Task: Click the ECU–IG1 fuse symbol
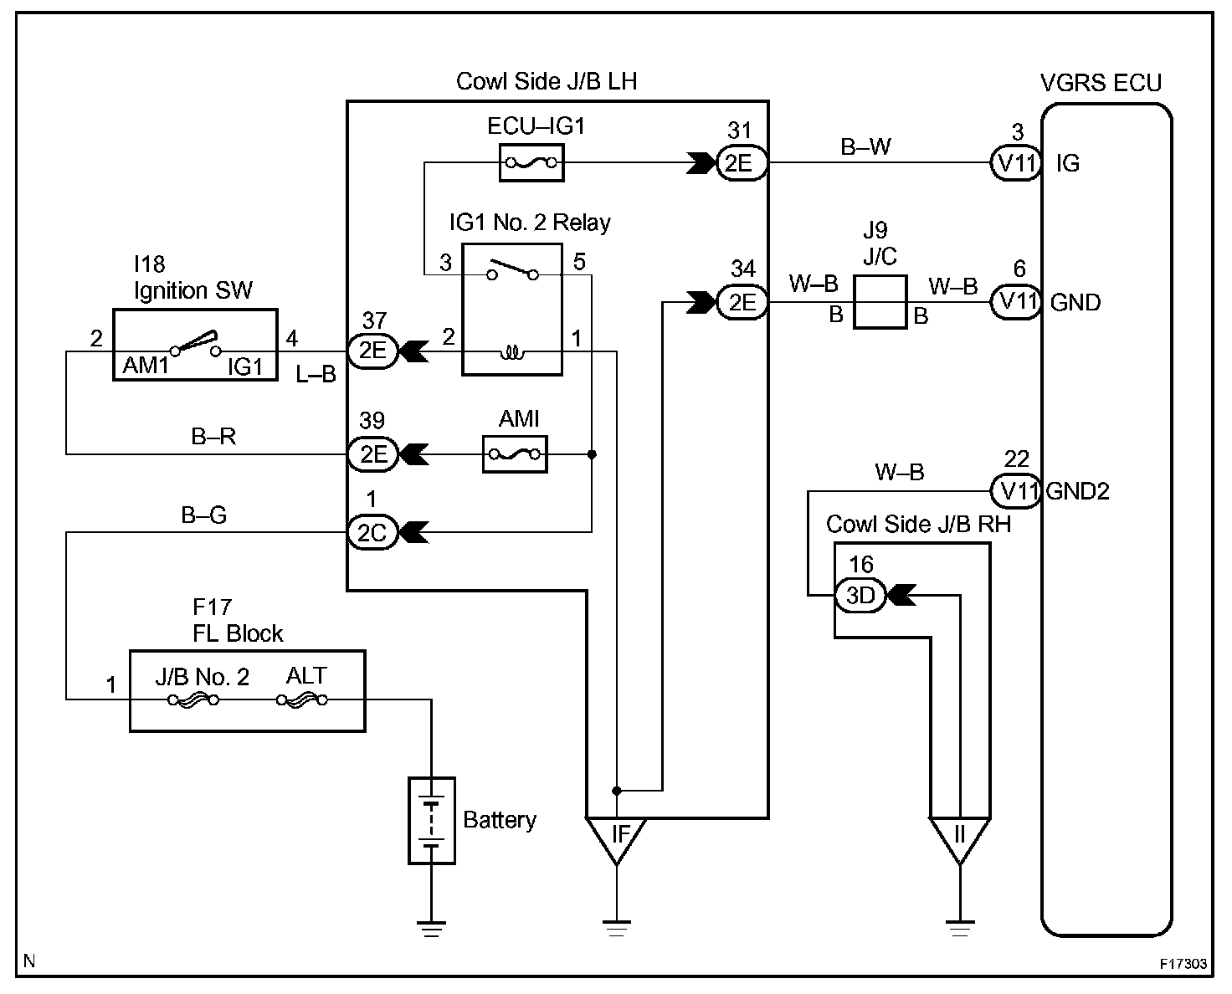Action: pyautogui.click(x=531, y=162)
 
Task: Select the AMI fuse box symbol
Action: pyautogui.click(x=515, y=454)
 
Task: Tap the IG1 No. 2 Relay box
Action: pyautogui.click(x=512, y=310)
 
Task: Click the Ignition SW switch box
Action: pyautogui.click(x=194, y=344)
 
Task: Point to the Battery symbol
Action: pyautogui.click(x=432, y=820)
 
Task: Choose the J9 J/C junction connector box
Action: pyautogui.click(x=880, y=302)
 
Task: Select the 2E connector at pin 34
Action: pyautogui.click(x=742, y=302)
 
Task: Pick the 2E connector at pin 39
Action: pyautogui.click(x=372, y=454)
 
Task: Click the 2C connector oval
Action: pyautogui.click(x=372, y=532)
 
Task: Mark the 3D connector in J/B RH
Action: pyautogui.click(x=860, y=596)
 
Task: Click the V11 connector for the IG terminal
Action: pyautogui.click(x=1015, y=163)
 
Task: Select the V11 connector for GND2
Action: pyautogui.click(x=1015, y=490)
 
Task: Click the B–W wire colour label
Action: pyautogui.click(x=865, y=147)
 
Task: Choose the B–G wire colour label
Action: pyautogui.click(x=204, y=515)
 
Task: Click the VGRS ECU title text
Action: pyautogui.click(x=1101, y=83)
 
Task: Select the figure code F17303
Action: pyautogui.click(x=1183, y=964)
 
